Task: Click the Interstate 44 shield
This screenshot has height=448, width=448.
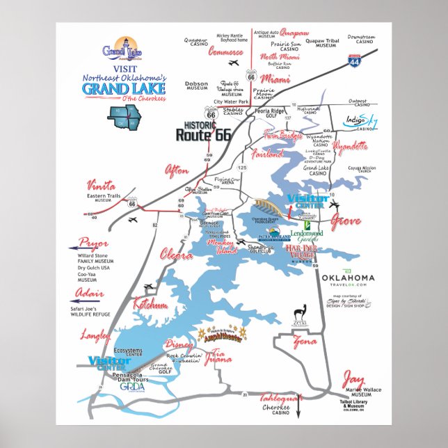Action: pos(355,60)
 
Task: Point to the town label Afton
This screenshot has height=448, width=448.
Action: pos(176,170)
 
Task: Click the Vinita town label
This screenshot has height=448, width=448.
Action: pos(102,185)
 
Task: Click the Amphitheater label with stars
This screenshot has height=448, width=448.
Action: pos(223,335)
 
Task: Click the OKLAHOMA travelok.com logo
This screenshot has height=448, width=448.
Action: pos(348,279)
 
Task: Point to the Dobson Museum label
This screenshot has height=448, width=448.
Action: pos(197,86)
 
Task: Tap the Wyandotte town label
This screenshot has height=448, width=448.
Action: pos(350,147)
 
